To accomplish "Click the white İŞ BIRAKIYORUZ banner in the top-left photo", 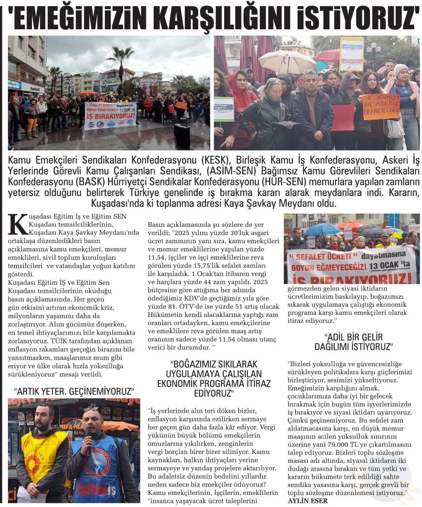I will pyautogui.click(x=110, y=115).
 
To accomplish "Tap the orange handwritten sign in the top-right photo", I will pyautogui.click(x=381, y=106).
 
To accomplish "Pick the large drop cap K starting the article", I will pyautogui.click(x=19, y=224).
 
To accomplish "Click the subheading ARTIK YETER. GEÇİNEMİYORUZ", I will pyautogui.click(x=74, y=391).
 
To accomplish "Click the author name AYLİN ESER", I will pyautogui.click(x=307, y=500).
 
